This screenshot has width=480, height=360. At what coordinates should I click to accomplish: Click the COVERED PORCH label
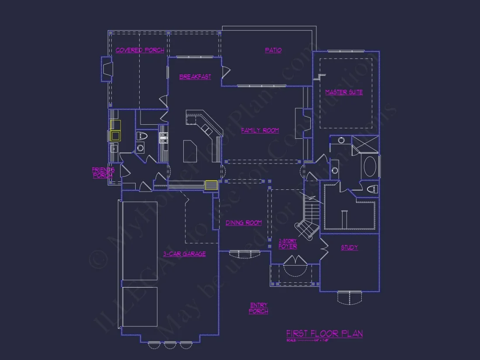[140, 50]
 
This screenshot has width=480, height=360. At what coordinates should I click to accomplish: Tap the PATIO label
[273, 50]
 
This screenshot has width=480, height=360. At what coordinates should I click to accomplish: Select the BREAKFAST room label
[195, 77]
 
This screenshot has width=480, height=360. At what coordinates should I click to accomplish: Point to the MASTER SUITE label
[344, 92]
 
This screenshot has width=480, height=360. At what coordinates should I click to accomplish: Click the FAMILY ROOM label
[260, 130]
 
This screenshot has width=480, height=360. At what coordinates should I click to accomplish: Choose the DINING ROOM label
[243, 223]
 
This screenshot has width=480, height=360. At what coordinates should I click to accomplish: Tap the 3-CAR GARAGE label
[184, 254]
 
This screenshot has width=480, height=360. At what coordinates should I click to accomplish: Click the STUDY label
[349, 247]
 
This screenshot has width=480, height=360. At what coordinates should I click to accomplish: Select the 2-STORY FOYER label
[288, 244]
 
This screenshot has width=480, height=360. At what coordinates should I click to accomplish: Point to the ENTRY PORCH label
[258, 309]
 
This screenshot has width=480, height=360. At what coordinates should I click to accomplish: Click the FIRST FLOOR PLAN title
[324, 334]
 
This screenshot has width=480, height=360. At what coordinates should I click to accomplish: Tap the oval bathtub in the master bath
[370, 166]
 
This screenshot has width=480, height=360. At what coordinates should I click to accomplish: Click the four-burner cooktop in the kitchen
[163, 138]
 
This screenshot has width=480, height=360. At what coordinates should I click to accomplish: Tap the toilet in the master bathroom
[372, 189]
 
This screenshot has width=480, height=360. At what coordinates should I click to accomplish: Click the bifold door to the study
[324, 248]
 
